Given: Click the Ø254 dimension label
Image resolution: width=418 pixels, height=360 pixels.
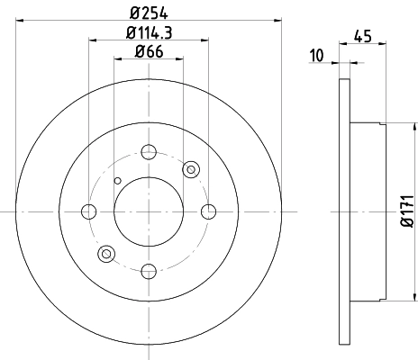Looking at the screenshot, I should point(149,12).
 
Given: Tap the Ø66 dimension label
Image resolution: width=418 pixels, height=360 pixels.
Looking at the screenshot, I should point(149,52).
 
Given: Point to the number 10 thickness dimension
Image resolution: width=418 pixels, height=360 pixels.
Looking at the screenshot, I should point(316,56).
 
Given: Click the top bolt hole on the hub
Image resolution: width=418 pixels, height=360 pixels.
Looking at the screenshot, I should point(149,151).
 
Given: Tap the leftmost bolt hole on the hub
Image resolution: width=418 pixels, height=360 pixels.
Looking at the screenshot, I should point(88,211).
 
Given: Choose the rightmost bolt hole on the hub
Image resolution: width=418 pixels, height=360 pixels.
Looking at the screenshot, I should point(209,211).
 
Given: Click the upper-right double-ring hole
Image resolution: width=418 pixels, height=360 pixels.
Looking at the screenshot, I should point(191,169).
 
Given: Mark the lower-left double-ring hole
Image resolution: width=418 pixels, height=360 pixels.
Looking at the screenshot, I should point(106,254).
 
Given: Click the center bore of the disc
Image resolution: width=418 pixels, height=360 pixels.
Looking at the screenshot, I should point(149,211).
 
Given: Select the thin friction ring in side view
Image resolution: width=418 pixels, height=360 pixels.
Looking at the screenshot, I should point(343,211).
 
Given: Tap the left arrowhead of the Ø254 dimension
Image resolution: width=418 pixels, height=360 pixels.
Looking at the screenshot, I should point(21,19).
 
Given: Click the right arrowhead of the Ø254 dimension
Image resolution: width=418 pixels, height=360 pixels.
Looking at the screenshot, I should point(277,19).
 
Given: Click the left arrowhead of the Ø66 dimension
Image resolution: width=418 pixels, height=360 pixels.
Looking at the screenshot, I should point(117,59).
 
